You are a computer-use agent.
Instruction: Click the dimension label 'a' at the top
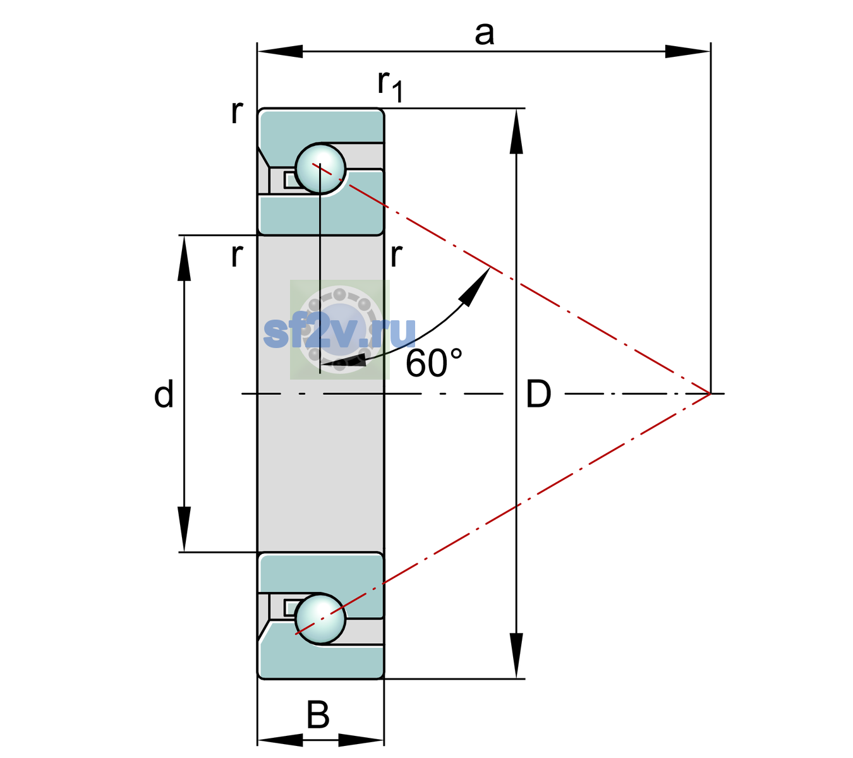coord(484,35)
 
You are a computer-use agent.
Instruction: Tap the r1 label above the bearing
coord(390,85)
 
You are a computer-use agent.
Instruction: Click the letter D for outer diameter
coord(538,394)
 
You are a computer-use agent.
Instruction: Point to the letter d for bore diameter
coord(164,394)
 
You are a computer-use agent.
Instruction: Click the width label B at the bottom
coord(318,714)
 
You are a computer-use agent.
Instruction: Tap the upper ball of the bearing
coord(320,169)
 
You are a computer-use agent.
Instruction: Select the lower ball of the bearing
coord(320,618)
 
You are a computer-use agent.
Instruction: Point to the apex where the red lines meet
coord(710,394)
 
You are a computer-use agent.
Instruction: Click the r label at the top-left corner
coord(237,112)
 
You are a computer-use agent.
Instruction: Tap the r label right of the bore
coord(396,255)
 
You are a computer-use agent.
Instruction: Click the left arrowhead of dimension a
coord(280,51)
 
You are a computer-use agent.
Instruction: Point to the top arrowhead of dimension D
coord(516,131)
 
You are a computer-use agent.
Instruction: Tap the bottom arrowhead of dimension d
coord(184,529)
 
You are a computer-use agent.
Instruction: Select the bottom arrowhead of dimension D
coord(516,656)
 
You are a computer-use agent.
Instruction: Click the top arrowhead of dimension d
coord(184,258)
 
